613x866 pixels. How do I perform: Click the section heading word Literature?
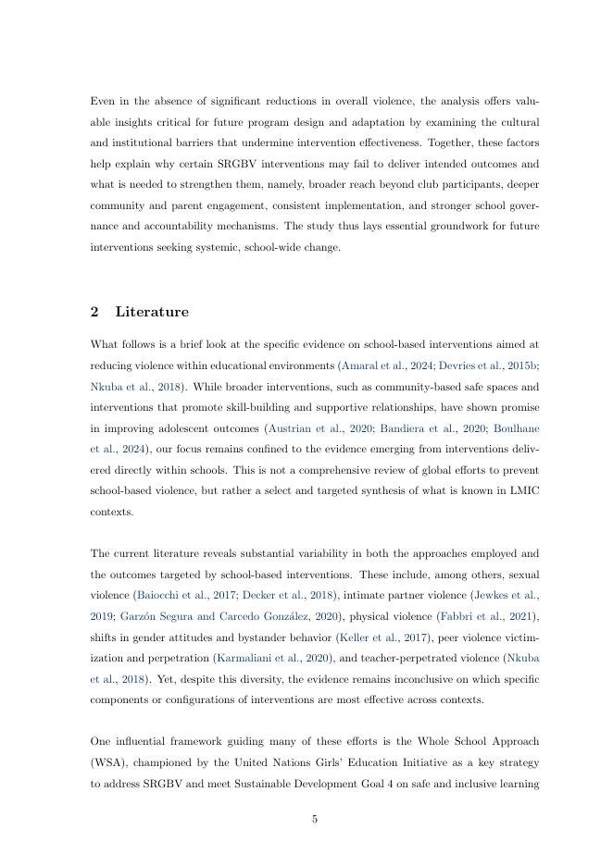(152, 312)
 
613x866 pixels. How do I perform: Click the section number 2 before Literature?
(94, 312)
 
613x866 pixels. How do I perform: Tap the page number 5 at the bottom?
(315, 818)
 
